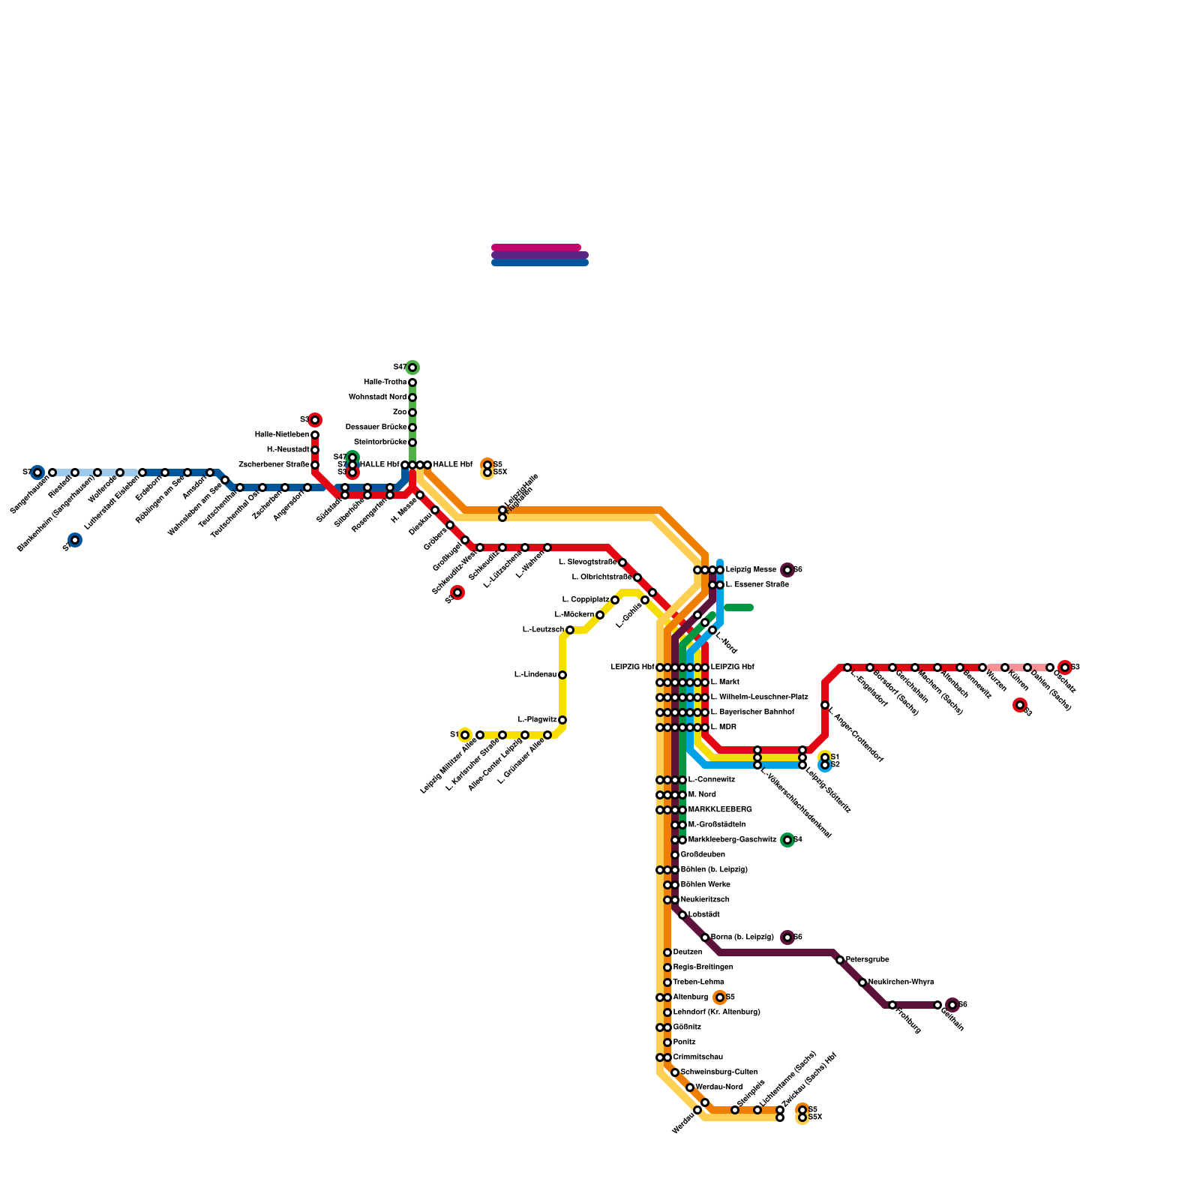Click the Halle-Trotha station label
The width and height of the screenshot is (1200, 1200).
(x=385, y=382)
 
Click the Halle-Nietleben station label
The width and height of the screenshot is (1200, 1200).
(x=281, y=435)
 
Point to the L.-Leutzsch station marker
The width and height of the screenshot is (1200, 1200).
(x=570, y=630)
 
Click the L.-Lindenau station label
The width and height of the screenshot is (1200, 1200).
(x=535, y=675)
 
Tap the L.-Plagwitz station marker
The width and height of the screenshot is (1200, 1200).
(x=562, y=720)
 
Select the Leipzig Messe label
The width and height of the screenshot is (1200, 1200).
(x=751, y=570)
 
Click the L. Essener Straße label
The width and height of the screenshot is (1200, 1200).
(x=757, y=585)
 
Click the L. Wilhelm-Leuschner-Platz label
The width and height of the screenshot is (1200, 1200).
(x=759, y=697)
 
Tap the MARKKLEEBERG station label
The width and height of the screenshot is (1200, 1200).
(x=719, y=810)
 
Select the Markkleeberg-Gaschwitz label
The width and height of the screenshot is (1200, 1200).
(x=731, y=840)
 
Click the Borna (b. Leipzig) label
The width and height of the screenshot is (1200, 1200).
(x=742, y=937)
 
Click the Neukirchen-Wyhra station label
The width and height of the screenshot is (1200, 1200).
(x=901, y=982)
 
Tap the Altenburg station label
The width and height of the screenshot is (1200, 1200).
(x=690, y=997)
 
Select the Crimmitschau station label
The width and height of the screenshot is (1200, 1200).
(x=697, y=1057)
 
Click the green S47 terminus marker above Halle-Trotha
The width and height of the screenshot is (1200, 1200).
(x=412, y=367)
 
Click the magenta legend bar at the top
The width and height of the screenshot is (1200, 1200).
(x=536, y=247)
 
